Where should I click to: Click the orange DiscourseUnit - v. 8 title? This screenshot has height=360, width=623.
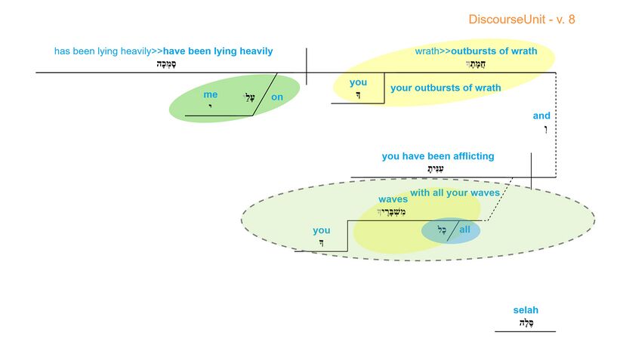(521, 19)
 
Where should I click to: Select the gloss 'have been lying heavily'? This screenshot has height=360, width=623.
(218, 51)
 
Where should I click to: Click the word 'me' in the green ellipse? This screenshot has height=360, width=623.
(210, 95)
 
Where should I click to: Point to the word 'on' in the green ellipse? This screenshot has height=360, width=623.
(277, 97)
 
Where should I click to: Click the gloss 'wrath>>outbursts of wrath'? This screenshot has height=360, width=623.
(476, 51)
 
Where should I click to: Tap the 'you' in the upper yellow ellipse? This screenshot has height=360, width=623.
(358, 83)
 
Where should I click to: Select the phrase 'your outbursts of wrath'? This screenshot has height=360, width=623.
(446, 88)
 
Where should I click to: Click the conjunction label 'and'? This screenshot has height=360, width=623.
(541, 115)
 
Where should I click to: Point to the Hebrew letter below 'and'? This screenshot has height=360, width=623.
(544, 130)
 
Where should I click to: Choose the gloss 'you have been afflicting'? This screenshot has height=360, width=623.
(438, 156)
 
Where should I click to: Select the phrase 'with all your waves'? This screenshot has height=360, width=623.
(455, 193)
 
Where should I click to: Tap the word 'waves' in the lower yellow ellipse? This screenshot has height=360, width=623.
(393, 199)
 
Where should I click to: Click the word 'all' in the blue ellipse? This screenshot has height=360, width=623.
(464, 229)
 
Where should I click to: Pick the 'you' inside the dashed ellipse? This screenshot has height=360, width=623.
(322, 230)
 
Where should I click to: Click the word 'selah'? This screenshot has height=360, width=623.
(526, 310)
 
